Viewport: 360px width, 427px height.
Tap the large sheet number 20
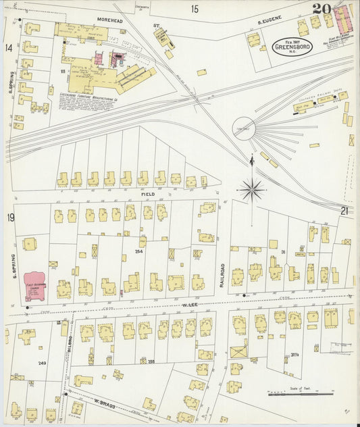click(322, 9)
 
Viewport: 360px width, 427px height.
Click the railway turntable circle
click(244, 127)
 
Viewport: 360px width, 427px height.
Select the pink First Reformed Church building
click(35, 286)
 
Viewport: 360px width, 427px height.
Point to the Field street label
click(148, 194)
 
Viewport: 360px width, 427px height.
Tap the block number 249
click(42, 363)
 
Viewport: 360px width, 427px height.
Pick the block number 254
click(138, 251)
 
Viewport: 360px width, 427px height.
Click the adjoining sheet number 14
click(9, 47)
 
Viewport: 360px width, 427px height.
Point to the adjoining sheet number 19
click(10, 217)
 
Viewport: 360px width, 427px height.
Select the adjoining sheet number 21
click(344, 211)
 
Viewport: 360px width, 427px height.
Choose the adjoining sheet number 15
click(195, 9)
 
